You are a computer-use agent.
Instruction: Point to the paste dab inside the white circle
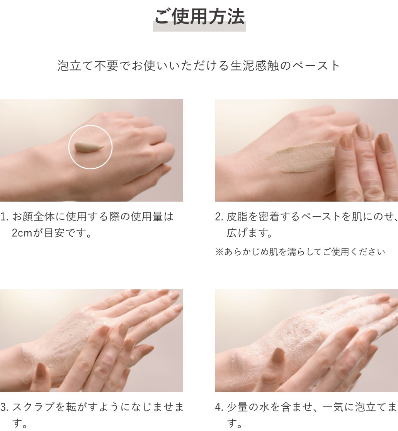89,146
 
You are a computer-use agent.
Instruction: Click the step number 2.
219,217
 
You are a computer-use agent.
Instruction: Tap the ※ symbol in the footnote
219,252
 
